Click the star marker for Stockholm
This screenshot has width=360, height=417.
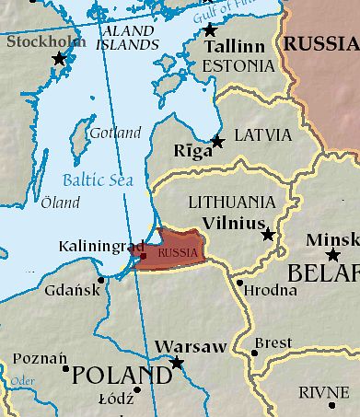(x=60, y=58)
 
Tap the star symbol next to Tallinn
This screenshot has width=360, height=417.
(x=209, y=30)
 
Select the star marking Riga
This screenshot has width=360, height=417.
(x=217, y=141)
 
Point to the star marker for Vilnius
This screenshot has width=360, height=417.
(x=268, y=235)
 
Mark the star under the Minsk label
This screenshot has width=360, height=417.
(x=332, y=255)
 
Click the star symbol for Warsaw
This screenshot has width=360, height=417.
(x=177, y=363)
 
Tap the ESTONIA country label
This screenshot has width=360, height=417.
(x=238, y=66)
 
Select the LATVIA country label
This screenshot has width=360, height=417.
(x=262, y=135)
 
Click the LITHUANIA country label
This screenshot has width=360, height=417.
(x=230, y=202)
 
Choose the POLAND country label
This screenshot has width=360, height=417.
(x=122, y=375)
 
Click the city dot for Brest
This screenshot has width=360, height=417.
(x=254, y=352)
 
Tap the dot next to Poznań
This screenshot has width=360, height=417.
(x=65, y=368)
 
